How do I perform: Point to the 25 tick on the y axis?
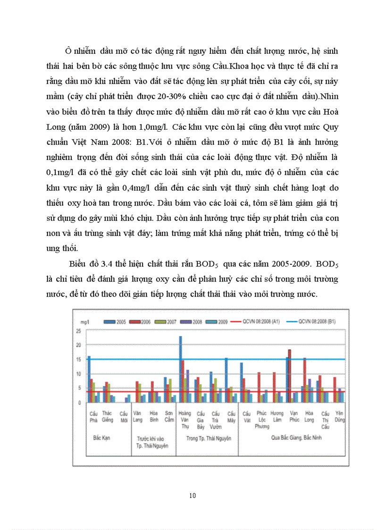[78, 330]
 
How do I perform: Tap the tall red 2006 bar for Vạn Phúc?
[290, 376]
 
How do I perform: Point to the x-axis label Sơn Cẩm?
[168, 416]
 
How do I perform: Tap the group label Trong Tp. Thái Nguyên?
[208, 438]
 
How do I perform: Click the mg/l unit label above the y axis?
[85, 321]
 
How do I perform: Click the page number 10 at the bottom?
[192, 495]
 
